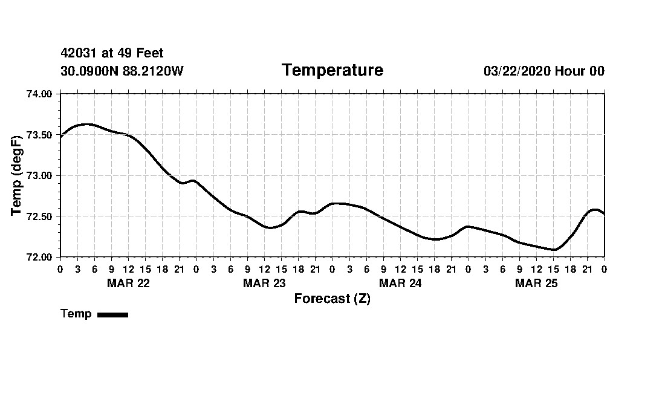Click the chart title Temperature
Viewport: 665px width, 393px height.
point(332,71)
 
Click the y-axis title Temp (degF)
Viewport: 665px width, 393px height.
point(17,175)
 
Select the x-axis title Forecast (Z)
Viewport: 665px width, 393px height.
point(332,299)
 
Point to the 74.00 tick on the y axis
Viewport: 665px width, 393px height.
point(40,94)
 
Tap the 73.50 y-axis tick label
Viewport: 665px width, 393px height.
point(40,135)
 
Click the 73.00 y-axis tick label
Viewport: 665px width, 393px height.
point(40,175)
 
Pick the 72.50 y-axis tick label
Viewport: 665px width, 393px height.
point(40,216)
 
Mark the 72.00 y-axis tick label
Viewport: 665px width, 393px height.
point(40,257)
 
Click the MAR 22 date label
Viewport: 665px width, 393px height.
point(128,283)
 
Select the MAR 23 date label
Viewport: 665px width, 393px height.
point(264,283)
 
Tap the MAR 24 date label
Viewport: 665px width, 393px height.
point(400,283)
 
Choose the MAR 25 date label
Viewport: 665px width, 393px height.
point(536,283)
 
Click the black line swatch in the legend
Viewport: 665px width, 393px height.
point(113,314)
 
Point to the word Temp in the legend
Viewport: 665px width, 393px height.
point(76,314)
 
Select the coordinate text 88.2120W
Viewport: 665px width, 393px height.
point(153,71)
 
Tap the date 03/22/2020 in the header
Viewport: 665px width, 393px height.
point(517,71)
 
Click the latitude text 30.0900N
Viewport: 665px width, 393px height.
point(90,71)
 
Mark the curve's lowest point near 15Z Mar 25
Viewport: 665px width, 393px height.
point(553,249)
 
